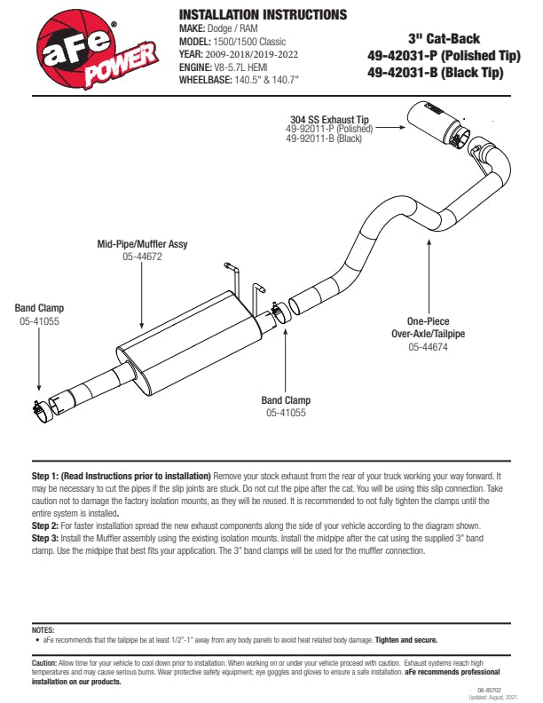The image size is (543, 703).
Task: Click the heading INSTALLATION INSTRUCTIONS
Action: point(262,15)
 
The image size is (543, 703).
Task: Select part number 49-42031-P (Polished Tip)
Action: point(443,56)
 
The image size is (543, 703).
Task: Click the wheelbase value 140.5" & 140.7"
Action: point(265,79)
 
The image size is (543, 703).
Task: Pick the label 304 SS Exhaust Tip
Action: point(329,118)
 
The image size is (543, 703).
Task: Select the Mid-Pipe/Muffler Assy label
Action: point(142,243)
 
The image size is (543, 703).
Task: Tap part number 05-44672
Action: point(142,256)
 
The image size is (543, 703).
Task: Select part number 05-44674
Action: point(428,347)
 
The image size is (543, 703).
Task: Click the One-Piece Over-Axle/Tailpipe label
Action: point(429,328)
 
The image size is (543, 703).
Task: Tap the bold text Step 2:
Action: point(47,525)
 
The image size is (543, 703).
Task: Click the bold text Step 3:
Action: point(47,538)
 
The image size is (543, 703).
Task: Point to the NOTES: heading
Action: point(43,629)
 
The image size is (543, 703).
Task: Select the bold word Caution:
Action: point(44,663)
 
